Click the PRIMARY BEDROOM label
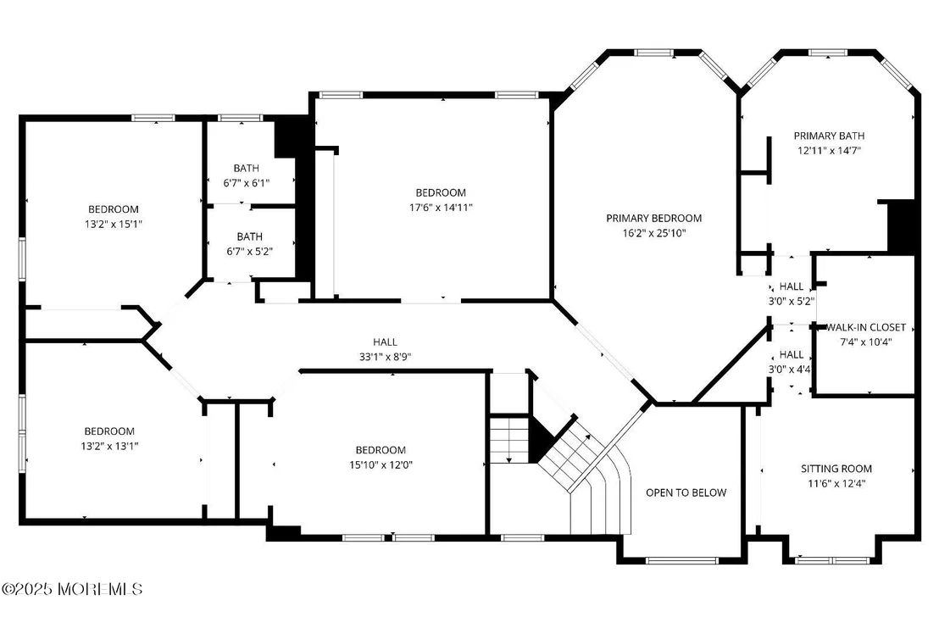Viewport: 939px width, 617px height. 653,218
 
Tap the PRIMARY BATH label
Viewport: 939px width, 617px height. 829,136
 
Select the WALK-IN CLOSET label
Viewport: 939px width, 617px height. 866,327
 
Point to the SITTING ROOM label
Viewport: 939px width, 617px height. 836,469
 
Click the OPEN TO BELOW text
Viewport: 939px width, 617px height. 686,492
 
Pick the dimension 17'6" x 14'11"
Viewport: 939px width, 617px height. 441,208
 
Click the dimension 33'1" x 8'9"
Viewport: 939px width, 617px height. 385,357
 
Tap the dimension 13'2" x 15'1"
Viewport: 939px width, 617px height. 114,224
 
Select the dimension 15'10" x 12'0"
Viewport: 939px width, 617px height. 381,464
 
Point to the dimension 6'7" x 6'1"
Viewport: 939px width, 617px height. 246,183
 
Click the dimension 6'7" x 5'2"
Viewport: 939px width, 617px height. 249,251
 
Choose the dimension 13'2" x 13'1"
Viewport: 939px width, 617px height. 109,446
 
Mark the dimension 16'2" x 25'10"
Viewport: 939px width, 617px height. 653,233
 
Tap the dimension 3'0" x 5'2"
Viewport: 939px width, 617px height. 791,302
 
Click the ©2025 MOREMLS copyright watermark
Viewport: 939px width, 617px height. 72,589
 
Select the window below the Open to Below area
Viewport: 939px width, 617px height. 681,561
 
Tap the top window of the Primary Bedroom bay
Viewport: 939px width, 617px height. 654,53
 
